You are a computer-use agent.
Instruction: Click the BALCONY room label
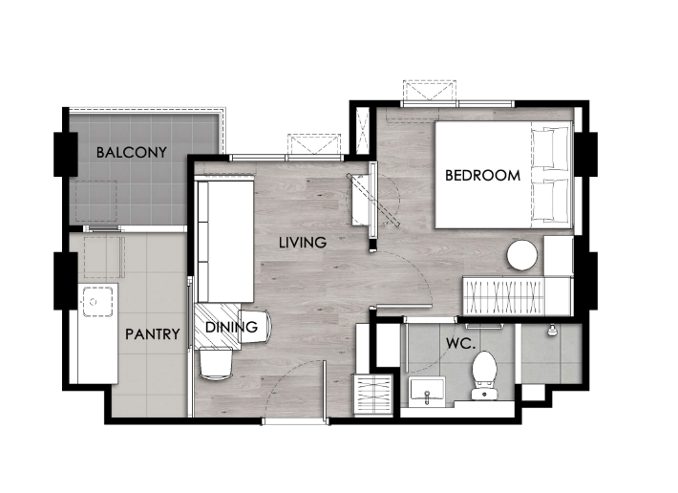pyautogui.click(x=132, y=152)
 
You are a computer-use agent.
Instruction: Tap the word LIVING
pyautogui.click(x=303, y=243)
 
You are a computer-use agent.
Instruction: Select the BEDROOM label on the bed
pyautogui.click(x=482, y=175)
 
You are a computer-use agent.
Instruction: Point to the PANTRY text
pyautogui.click(x=152, y=333)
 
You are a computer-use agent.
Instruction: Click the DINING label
pyautogui.click(x=231, y=327)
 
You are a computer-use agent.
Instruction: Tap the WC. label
pyautogui.click(x=461, y=344)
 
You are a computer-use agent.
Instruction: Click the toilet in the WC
pyautogui.click(x=484, y=375)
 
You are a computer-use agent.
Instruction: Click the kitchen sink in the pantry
pyautogui.click(x=97, y=301)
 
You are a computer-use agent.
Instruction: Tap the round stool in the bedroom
pyautogui.click(x=522, y=255)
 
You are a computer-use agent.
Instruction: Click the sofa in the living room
pyautogui.click(x=224, y=242)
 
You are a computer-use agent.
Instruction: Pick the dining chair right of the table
pyautogui.click(x=255, y=327)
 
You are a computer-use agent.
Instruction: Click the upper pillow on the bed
pyautogui.click(x=550, y=147)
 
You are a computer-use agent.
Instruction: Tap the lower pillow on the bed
pyautogui.click(x=550, y=201)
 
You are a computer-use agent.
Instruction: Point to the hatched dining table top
pyautogui.click(x=218, y=326)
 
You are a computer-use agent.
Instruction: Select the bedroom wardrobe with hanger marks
pyautogui.click(x=503, y=297)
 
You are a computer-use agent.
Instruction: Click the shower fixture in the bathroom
pyautogui.click(x=551, y=331)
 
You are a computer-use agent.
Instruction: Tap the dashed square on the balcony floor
pyautogui.click(x=96, y=201)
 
